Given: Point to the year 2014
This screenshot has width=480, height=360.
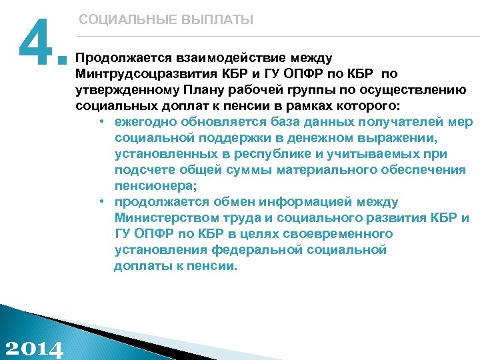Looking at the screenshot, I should (x=34, y=348).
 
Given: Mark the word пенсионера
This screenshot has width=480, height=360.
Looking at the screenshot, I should (x=155, y=186).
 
